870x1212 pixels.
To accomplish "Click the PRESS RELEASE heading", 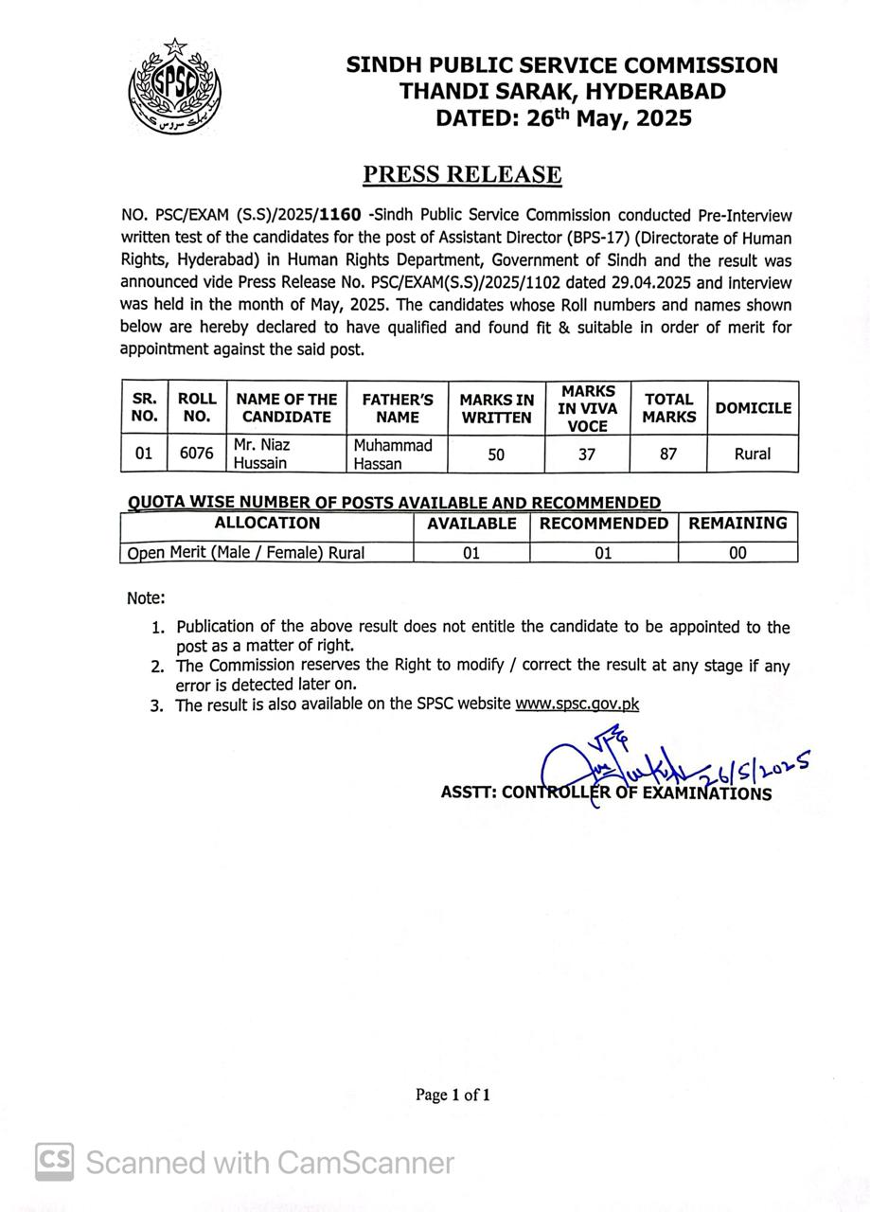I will point(462,175).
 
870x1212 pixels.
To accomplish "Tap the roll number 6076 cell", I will point(197,454).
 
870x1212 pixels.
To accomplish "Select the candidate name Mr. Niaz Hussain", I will point(262,454).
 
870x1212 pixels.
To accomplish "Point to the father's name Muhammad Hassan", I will point(393,454).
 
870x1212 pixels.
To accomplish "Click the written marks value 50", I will point(496,454).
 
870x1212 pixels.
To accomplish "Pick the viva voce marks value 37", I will point(587,454).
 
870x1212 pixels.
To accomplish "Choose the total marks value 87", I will point(668,454).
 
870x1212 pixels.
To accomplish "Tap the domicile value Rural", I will point(753,454).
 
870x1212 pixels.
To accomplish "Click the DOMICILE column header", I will point(753,408).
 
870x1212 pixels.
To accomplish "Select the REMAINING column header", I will point(737,523).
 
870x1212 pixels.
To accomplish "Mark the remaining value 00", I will point(737,553).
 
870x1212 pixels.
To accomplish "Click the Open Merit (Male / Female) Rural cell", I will point(246,553).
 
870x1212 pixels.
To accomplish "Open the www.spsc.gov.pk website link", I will point(577,704).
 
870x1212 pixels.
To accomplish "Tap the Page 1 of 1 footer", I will point(453,1096).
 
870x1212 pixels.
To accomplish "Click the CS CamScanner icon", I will point(55,1162).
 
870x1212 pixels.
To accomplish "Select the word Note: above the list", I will point(146,598).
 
